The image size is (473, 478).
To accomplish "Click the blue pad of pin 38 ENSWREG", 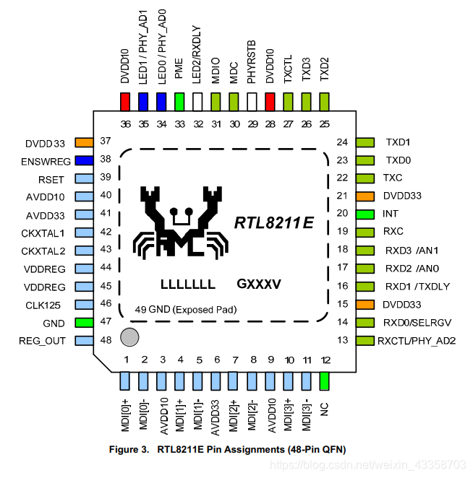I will tap(85, 160).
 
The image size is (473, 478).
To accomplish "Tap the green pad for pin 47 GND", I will tap(85, 323).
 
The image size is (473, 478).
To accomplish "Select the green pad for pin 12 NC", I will tap(325, 381).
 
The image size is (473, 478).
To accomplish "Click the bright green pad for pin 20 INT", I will tap(365, 214).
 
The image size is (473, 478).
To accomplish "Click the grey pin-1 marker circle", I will tap(129, 337).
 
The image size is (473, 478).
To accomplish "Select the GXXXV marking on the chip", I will tap(258, 284).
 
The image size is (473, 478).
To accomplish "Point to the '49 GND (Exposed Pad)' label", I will tap(186, 310).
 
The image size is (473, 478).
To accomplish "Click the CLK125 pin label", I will tap(48, 305).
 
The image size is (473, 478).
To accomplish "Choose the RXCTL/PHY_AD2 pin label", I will tap(417, 341).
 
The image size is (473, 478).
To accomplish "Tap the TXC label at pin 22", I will tap(393, 178).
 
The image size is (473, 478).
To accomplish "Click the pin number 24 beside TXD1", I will tap(343, 142).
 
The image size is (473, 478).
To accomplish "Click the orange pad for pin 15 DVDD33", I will tap(365, 305).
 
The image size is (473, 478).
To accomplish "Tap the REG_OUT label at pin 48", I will tap(43, 341).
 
